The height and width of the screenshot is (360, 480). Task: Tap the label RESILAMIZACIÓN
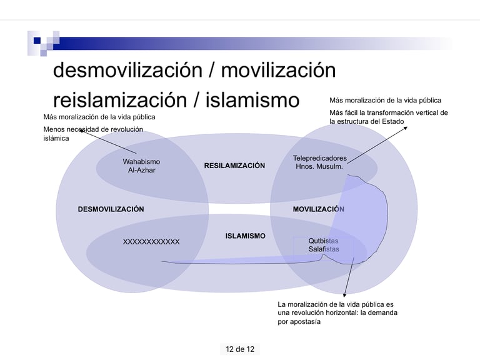(x=234, y=166)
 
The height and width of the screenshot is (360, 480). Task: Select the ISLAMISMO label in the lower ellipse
(x=245, y=236)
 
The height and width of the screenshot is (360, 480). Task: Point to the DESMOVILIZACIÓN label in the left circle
(x=111, y=209)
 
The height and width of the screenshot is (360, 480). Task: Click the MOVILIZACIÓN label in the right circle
(x=318, y=209)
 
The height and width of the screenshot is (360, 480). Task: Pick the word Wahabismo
(x=141, y=162)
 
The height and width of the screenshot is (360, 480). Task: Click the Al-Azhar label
(x=141, y=170)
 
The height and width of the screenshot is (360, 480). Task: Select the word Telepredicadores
(x=319, y=158)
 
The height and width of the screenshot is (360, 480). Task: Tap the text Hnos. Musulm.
(x=319, y=167)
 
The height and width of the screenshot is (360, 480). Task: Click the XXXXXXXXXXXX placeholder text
(x=151, y=242)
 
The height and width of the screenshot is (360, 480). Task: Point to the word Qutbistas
(x=323, y=241)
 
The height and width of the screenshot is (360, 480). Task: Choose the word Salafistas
(x=323, y=249)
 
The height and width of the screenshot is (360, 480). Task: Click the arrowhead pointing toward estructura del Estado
(x=405, y=128)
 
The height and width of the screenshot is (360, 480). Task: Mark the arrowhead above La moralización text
(x=344, y=294)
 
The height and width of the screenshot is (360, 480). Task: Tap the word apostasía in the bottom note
(x=304, y=322)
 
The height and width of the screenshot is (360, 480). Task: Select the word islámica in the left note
(x=56, y=139)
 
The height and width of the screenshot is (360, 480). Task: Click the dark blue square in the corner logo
(x=37, y=41)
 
